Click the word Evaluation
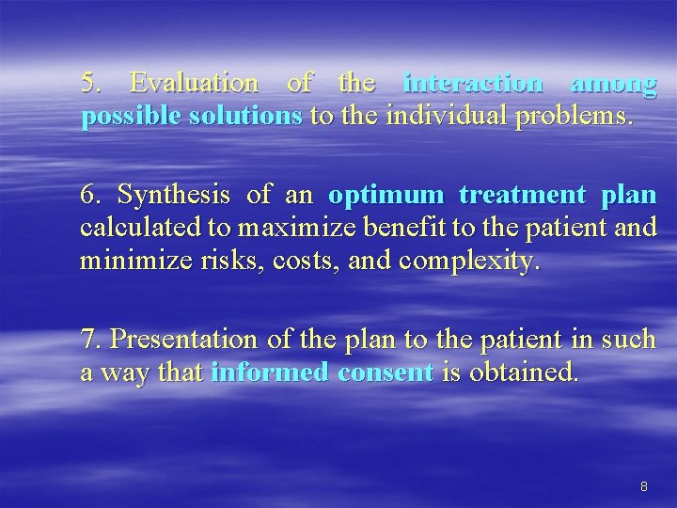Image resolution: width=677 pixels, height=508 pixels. (x=193, y=84)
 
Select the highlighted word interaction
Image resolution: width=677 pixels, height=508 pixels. (x=472, y=84)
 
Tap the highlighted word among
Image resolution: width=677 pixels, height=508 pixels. (x=612, y=84)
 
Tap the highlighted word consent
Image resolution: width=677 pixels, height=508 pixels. (x=385, y=373)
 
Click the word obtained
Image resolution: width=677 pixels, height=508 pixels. (x=518, y=373)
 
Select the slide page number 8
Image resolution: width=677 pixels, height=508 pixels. (x=644, y=486)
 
